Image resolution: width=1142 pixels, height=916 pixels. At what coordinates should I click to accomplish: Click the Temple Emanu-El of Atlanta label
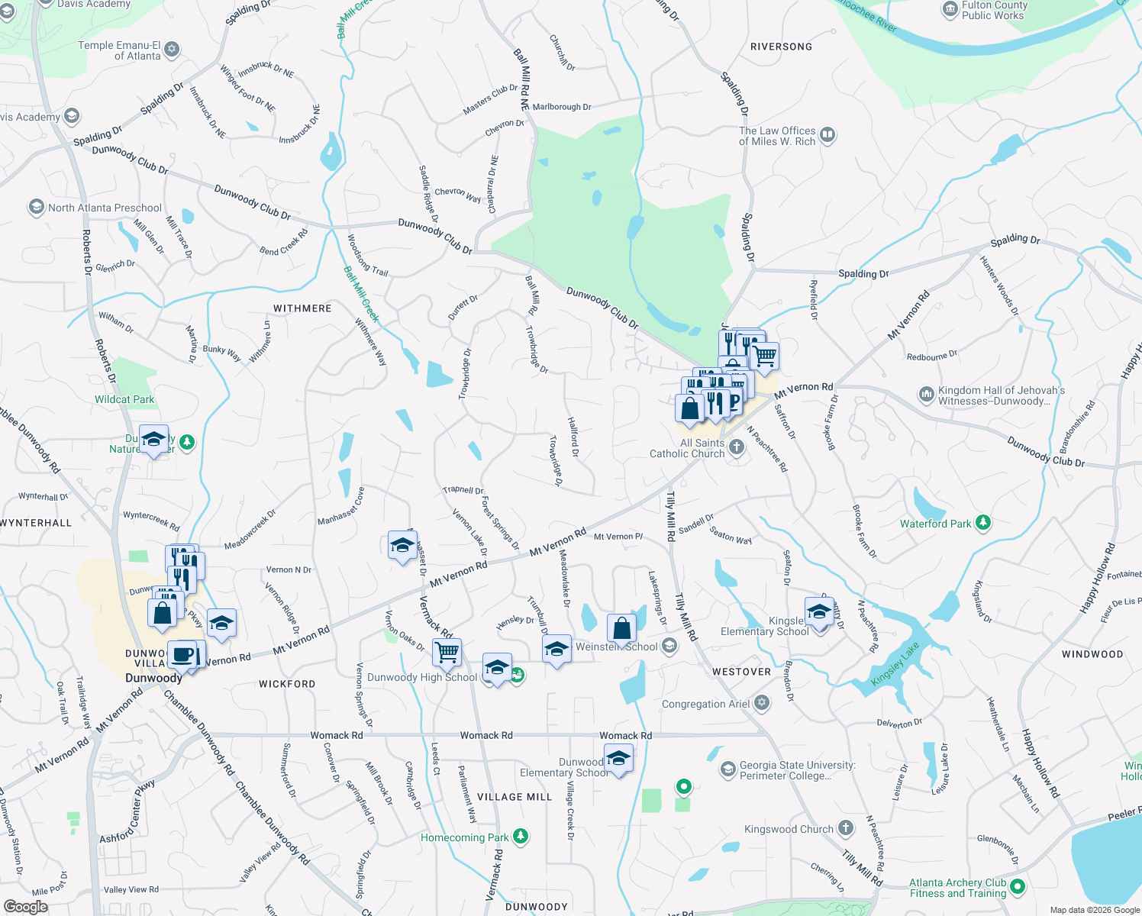pos(119,50)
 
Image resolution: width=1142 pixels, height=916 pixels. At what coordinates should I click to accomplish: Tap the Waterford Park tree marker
pos(983,523)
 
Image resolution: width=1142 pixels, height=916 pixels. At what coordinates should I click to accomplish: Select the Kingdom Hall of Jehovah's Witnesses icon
pos(926,395)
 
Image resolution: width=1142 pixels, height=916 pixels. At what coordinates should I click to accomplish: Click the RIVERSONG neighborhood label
pos(781,47)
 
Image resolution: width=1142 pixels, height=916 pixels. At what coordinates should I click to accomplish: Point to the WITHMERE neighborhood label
pos(302,308)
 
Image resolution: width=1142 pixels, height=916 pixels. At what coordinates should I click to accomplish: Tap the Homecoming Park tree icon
pos(521,837)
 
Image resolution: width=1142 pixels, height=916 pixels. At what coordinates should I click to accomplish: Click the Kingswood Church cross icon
pos(845,828)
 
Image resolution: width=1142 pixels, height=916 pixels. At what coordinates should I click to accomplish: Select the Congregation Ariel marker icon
pos(761,703)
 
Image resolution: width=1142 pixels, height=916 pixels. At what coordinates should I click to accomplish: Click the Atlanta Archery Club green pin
pos(1017,887)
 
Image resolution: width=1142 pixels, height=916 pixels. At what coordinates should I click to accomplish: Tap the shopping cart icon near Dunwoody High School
pos(447,653)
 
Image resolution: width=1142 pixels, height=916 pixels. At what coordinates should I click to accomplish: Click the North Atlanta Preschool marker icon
pos(36,207)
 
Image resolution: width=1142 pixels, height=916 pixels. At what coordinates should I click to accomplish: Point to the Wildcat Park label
pos(124,399)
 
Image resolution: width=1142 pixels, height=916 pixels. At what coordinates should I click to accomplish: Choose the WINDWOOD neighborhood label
pos(1092,654)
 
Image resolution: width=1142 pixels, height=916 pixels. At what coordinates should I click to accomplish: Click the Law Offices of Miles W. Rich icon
pos(827,136)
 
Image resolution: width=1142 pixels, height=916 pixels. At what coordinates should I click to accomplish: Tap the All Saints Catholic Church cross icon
pos(736,447)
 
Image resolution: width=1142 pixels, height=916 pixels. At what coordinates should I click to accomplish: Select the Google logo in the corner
pos(25,906)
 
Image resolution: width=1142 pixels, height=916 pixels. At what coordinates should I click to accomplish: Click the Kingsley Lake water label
pos(895,664)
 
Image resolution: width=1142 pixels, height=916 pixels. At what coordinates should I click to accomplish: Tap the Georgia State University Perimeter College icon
pos(728,769)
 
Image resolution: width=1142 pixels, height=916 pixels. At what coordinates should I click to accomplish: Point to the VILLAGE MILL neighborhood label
pos(515,797)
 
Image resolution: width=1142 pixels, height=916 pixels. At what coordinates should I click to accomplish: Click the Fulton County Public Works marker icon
pos(950,10)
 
